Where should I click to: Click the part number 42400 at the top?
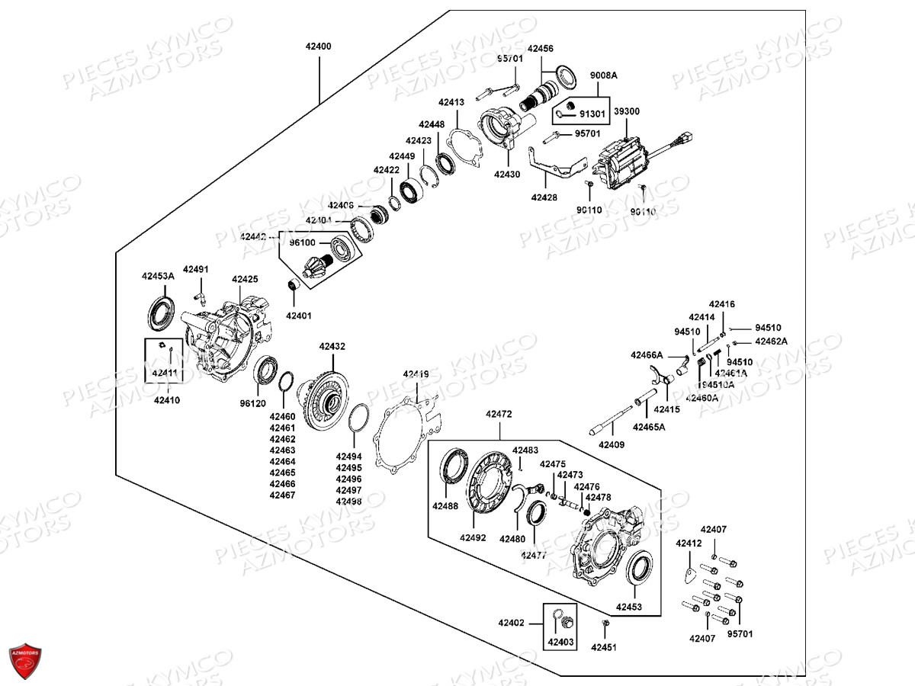click(x=318, y=46)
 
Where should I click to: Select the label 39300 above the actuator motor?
click(x=627, y=111)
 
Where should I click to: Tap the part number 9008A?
click(x=603, y=75)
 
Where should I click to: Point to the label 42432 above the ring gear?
click(x=332, y=346)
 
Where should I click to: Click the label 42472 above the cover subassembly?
click(x=499, y=414)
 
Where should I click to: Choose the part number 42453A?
click(x=158, y=276)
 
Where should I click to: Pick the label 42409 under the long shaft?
click(x=611, y=444)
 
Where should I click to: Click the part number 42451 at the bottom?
click(x=604, y=647)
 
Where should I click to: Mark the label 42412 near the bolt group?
click(x=689, y=543)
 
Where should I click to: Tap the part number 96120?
click(x=252, y=403)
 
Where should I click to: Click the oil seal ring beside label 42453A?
click(x=162, y=314)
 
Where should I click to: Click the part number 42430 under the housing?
click(x=506, y=174)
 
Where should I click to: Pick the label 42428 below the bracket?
click(x=544, y=197)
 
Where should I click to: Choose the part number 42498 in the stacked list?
click(x=349, y=502)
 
